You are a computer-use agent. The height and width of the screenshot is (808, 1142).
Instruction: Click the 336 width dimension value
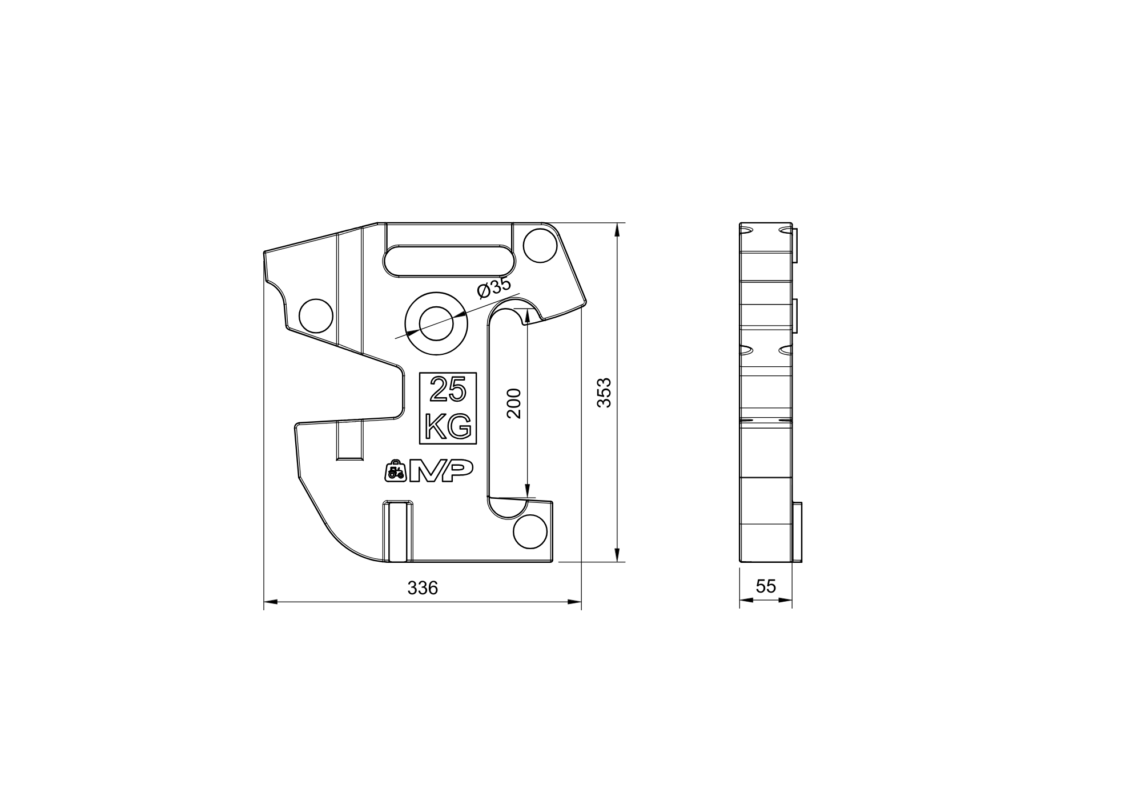tap(423, 588)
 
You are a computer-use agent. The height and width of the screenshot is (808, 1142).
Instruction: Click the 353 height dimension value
tap(604, 392)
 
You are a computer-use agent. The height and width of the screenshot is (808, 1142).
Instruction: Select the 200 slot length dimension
tap(514, 403)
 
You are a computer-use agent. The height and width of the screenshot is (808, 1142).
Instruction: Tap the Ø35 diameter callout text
tap(493, 287)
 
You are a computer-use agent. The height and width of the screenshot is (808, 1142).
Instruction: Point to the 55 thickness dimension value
tap(766, 586)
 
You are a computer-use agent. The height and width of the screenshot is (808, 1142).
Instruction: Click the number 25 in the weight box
tap(448, 389)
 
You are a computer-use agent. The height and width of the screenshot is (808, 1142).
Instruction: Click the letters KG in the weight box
tap(449, 426)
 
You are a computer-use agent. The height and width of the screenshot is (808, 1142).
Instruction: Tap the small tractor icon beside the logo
tap(396, 470)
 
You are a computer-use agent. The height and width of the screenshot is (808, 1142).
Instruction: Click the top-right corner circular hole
tap(540, 245)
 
